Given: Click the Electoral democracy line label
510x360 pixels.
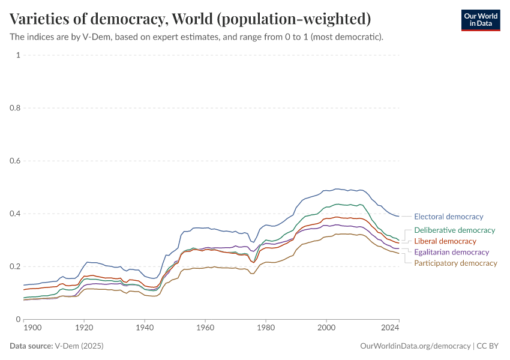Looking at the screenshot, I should click(x=448, y=217).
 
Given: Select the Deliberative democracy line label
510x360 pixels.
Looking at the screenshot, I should click(x=454, y=230).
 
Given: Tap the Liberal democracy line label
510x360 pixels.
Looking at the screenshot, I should click(x=445, y=241).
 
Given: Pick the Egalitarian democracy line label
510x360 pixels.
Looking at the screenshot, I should click(x=451, y=252).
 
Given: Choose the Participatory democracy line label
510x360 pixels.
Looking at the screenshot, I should click(x=455, y=263).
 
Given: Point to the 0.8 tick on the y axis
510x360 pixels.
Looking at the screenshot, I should click(x=14, y=108).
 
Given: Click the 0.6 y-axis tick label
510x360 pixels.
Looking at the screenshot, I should click(x=14, y=161).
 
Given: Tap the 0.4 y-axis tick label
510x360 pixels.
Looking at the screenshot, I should click(x=14, y=214).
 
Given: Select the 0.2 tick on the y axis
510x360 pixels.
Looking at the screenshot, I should click(x=14, y=266).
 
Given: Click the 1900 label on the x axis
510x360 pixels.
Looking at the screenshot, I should click(x=32, y=328).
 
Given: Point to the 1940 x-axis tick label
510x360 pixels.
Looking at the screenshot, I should click(x=145, y=328).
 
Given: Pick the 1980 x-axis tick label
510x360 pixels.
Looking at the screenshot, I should click(x=266, y=328).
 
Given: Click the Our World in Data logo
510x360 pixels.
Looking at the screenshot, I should click(x=480, y=20).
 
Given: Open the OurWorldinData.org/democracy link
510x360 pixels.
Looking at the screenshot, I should click(x=415, y=346).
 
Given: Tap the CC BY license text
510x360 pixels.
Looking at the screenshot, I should click(x=488, y=346).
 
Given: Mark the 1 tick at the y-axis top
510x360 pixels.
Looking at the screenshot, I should click(x=18, y=55).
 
